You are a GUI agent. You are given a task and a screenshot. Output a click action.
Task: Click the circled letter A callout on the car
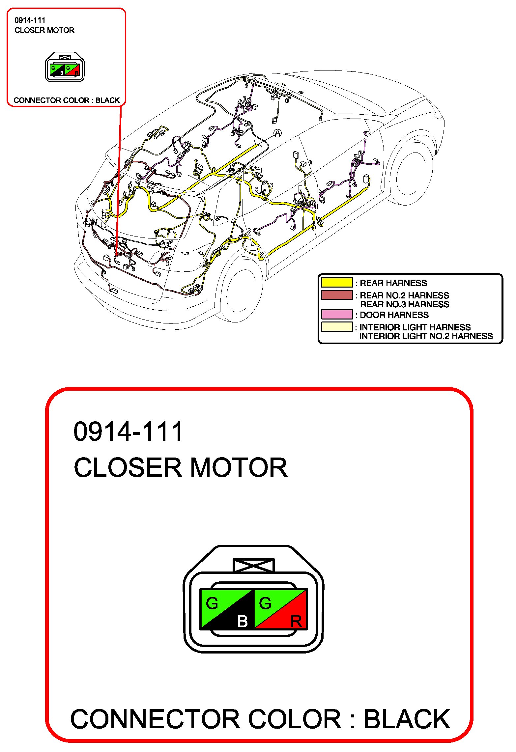[277, 133]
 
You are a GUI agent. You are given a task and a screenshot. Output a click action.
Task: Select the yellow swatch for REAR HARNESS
[336, 283]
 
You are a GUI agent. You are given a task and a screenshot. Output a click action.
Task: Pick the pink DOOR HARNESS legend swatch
[336, 314]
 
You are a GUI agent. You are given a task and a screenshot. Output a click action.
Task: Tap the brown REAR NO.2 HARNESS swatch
[336, 295]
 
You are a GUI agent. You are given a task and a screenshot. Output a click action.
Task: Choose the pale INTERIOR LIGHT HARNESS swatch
[336, 326]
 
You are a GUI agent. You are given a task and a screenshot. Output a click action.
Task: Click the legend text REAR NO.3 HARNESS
[404, 304]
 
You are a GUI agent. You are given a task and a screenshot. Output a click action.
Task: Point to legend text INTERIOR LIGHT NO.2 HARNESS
[426, 336]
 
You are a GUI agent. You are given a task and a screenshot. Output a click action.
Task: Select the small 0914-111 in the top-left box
[30, 20]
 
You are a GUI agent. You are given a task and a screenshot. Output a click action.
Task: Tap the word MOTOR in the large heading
[239, 468]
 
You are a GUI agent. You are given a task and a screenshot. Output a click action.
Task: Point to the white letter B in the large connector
[242, 622]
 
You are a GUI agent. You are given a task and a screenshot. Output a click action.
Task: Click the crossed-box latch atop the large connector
[253, 565]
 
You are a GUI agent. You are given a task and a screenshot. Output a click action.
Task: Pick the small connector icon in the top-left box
[65, 67]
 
